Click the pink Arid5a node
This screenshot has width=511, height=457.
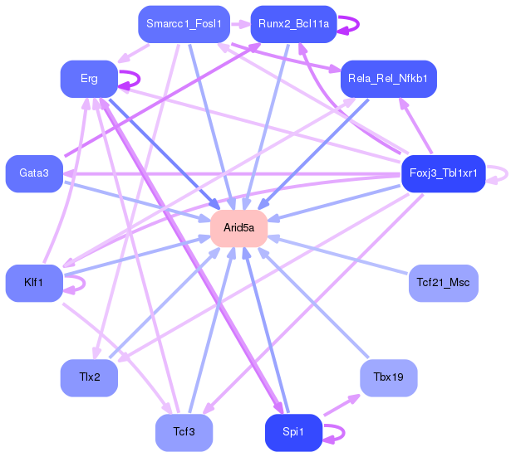pyautogui.click(x=238, y=228)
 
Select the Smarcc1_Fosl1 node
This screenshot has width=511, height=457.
pyautogui.click(x=184, y=24)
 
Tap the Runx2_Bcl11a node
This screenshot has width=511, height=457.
pyautogui.click(x=293, y=24)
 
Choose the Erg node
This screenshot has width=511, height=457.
pyautogui.click(x=89, y=79)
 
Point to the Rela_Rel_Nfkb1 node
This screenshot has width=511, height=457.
pyautogui.click(x=389, y=79)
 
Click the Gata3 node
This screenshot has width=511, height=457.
pyautogui.click(x=34, y=173)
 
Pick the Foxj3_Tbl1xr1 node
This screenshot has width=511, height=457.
pyautogui.click(x=444, y=173)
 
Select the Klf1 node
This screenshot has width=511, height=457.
pyautogui.click(x=34, y=283)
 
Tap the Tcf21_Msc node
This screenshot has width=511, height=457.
pyautogui.click(x=444, y=283)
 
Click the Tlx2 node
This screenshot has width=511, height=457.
pyautogui.click(x=89, y=378)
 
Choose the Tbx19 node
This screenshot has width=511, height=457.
pyautogui.click(x=389, y=378)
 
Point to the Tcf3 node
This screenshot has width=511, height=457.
pyautogui.click(x=184, y=433)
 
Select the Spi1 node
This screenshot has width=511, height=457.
pyautogui.click(x=293, y=433)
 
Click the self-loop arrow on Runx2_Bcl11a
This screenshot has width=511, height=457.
pyautogui.click(x=358, y=24)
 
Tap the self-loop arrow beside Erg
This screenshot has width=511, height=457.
pyautogui.click(x=139, y=79)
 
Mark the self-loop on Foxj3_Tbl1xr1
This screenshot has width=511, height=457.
pyautogui.click(x=507, y=173)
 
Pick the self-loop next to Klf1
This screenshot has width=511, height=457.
pyautogui.click(x=85, y=283)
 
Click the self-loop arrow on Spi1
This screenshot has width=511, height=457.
pyautogui.click(x=344, y=433)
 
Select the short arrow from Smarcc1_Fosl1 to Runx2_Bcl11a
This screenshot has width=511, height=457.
pyautogui.click(x=240, y=24)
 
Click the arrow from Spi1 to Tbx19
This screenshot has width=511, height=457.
pyautogui.click(x=341, y=405)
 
